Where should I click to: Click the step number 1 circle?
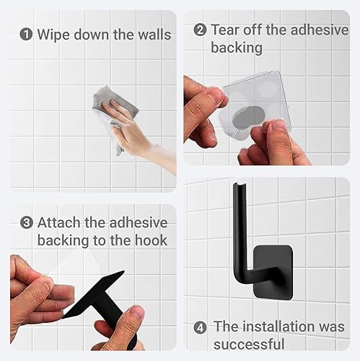26,34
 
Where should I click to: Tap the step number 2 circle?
200,30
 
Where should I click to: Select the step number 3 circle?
26,222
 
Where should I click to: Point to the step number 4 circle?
200,326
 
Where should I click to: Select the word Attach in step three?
60,222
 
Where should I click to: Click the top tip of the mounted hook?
236,187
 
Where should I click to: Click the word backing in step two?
237,48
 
